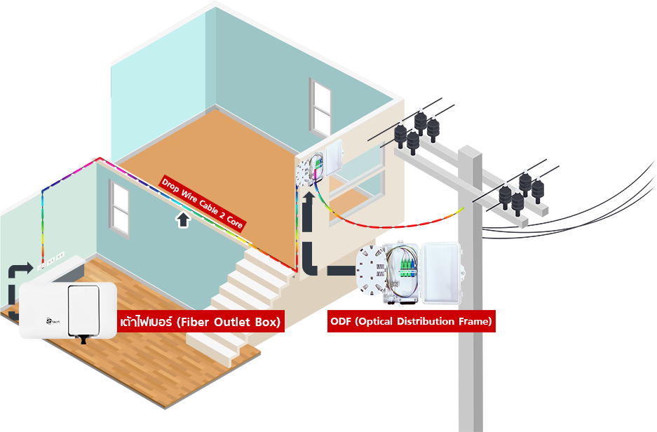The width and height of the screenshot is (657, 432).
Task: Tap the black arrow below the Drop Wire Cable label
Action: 183,221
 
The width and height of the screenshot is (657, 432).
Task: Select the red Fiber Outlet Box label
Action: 200,322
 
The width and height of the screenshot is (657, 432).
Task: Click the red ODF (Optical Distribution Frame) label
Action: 411,322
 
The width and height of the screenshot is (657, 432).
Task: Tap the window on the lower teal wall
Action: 119,208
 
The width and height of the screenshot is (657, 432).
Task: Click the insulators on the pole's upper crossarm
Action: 418,126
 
